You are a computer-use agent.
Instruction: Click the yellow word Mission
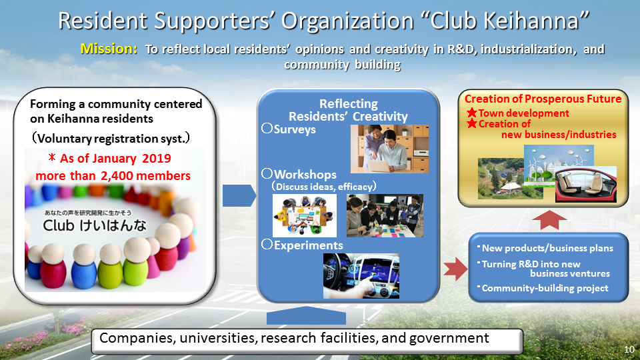point(109,49)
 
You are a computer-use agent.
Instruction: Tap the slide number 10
point(629,349)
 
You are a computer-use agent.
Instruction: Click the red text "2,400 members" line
point(113,175)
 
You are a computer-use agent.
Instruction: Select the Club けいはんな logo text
point(94,225)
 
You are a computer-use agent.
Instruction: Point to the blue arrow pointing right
point(239,195)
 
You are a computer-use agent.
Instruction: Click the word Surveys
point(295,129)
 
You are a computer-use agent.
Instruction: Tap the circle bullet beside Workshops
point(267,173)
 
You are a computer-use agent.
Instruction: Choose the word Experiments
point(308,245)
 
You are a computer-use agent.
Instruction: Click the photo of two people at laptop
point(389,149)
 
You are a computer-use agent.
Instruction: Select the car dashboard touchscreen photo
point(361,276)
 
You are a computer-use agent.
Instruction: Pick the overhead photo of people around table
point(305,215)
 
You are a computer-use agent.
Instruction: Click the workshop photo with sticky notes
point(385,215)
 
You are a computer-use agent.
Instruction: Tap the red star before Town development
point(472,112)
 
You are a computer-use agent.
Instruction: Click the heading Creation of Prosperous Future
point(543,99)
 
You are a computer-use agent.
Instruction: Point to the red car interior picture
point(586,184)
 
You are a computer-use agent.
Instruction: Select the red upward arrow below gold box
point(549,220)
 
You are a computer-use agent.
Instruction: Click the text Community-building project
point(545,288)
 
